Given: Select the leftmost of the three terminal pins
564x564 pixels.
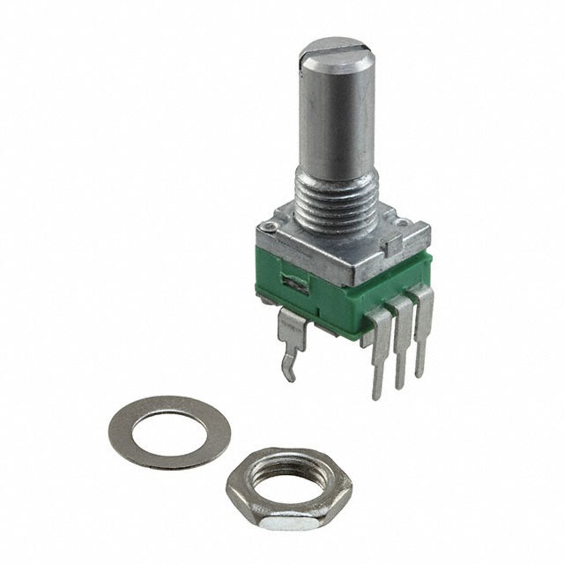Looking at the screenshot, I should pos(379,352).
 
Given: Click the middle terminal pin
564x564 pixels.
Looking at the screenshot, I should pos(401,348).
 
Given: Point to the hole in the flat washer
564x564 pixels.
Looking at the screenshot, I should pos(169,430).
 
